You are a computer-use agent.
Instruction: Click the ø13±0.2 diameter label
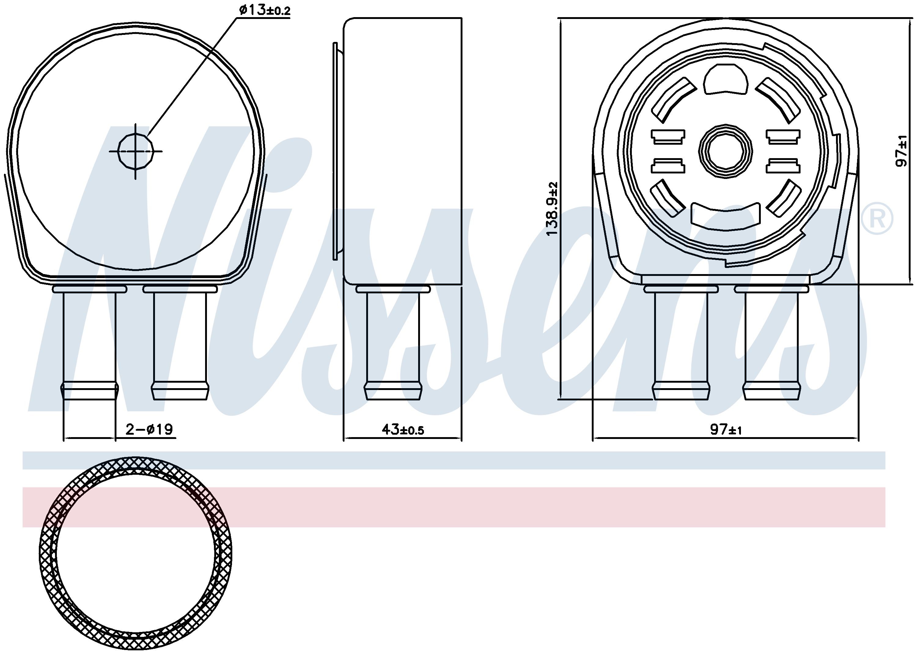(x=264, y=10)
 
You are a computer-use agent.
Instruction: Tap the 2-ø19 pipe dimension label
(x=149, y=429)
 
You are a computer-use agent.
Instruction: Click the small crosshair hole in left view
(x=136, y=151)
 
